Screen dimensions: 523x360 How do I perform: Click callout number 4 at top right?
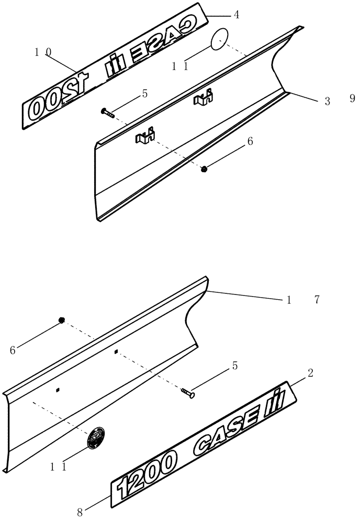[x=237, y=15]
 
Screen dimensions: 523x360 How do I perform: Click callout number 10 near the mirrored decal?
[x=43, y=52]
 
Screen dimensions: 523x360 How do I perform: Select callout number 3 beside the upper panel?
[x=327, y=101]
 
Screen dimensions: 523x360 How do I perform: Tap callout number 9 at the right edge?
[x=352, y=98]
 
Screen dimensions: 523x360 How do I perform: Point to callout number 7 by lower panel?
[x=317, y=300]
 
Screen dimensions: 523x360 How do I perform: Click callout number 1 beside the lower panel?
[x=288, y=300]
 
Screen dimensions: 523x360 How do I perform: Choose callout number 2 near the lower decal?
[x=310, y=373]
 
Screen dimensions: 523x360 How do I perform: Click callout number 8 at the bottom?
[x=80, y=512]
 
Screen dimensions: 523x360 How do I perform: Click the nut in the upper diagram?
[x=205, y=168]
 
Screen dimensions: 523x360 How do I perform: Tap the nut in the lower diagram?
[x=62, y=320]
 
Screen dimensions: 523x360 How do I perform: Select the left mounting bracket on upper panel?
[x=144, y=137]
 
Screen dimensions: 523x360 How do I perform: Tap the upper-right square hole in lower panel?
[x=116, y=352]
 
